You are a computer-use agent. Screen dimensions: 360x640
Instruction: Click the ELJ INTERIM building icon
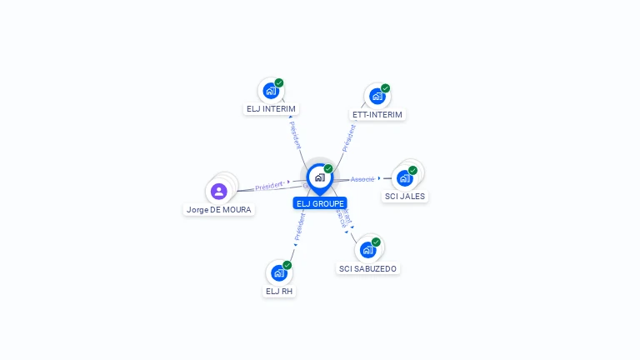pyautogui.click(x=270, y=91)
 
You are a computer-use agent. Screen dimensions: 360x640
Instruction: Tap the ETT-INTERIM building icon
pyautogui.click(x=377, y=96)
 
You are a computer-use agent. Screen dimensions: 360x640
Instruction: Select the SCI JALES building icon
pyautogui.click(x=404, y=177)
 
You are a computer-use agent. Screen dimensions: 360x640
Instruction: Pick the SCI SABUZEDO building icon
pyautogui.click(x=367, y=249)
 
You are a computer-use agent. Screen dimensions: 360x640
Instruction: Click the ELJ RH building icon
pyautogui.click(x=278, y=272)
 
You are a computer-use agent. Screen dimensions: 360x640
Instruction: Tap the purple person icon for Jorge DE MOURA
pyautogui.click(x=219, y=192)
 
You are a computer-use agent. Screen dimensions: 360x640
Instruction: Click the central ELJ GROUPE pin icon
pyautogui.click(x=319, y=177)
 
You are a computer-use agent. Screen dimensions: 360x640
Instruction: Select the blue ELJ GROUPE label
pyautogui.click(x=320, y=203)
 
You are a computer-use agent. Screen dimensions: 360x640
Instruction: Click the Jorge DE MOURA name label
pyautogui.click(x=219, y=210)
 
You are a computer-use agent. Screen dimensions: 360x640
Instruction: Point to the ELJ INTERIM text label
pyautogui.click(x=271, y=109)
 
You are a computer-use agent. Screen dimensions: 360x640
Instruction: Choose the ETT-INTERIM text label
pyautogui.click(x=377, y=114)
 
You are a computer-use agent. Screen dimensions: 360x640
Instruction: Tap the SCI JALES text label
pyautogui.click(x=405, y=197)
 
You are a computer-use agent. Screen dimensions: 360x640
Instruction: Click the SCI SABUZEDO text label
pyautogui.click(x=368, y=268)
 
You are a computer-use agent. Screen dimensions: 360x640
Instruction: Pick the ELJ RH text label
pyautogui.click(x=279, y=292)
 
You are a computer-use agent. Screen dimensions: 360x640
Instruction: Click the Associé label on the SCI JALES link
pyautogui.click(x=362, y=179)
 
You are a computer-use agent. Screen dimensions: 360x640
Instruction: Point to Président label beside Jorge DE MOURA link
pyautogui.click(x=269, y=186)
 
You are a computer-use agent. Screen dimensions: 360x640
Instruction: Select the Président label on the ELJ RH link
pyautogui.click(x=300, y=227)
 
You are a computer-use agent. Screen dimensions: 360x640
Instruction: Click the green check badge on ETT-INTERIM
pyautogui.click(x=385, y=88)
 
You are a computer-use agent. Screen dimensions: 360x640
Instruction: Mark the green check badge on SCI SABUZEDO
pyautogui.click(x=376, y=242)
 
